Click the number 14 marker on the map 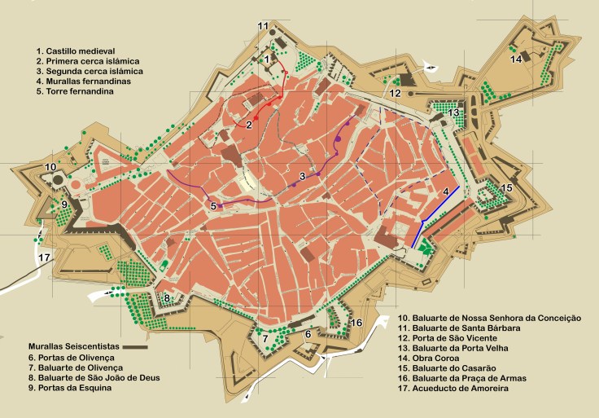[516, 59]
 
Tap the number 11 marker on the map [263, 27]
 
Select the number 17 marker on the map [45, 258]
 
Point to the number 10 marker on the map [50, 167]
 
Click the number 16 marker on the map [356, 323]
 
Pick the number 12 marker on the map [395, 94]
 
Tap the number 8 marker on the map [168, 298]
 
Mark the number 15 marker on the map [506, 188]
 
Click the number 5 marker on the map [213, 206]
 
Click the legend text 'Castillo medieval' [81, 51]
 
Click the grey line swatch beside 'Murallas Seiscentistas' [134, 347]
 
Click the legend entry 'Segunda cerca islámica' [89, 71]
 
